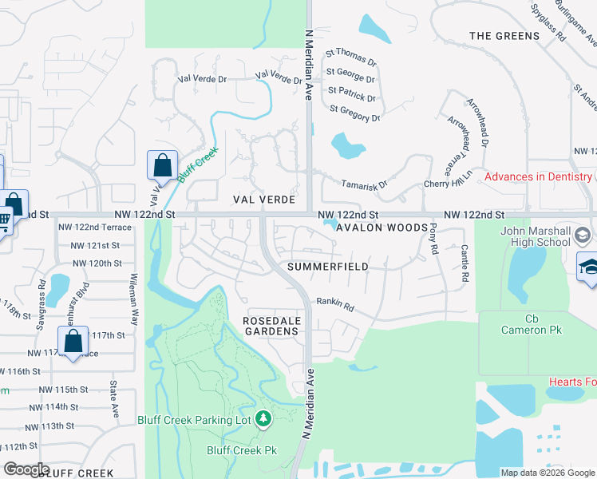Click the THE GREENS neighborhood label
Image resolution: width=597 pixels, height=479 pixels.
(x=505, y=36)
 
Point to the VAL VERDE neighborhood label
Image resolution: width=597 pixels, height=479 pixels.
(x=264, y=200)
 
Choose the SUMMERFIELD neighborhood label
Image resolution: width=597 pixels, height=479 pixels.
(x=328, y=266)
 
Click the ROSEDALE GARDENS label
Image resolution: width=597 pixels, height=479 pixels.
(x=271, y=326)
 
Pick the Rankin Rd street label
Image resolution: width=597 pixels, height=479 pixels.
(x=334, y=303)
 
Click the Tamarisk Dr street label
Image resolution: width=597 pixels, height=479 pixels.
(x=364, y=184)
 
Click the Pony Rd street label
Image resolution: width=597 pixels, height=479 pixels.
(x=433, y=239)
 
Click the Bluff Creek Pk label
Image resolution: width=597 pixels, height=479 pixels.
(x=242, y=450)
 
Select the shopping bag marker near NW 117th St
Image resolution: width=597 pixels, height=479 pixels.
(x=73, y=342)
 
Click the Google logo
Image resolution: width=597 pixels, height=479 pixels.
(x=26, y=469)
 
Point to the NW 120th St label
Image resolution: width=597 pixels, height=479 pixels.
(x=97, y=263)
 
